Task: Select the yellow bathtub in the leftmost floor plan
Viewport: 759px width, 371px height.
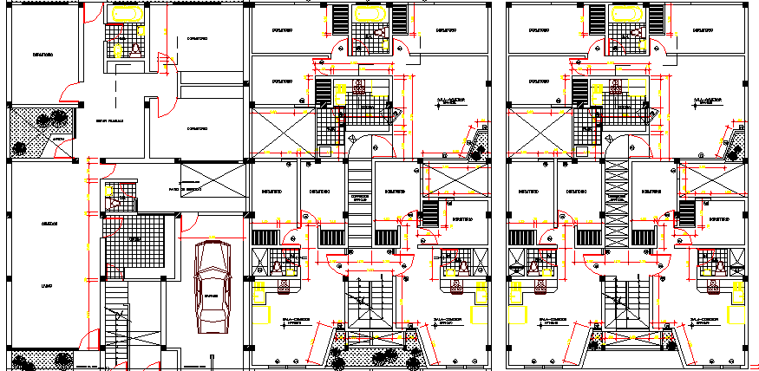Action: pyautogui.click(x=125, y=15)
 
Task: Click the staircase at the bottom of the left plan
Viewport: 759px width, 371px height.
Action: pyautogui.click(x=116, y=325)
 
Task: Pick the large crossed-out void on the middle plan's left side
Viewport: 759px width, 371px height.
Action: pyautogui.click(x=279, y=133)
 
